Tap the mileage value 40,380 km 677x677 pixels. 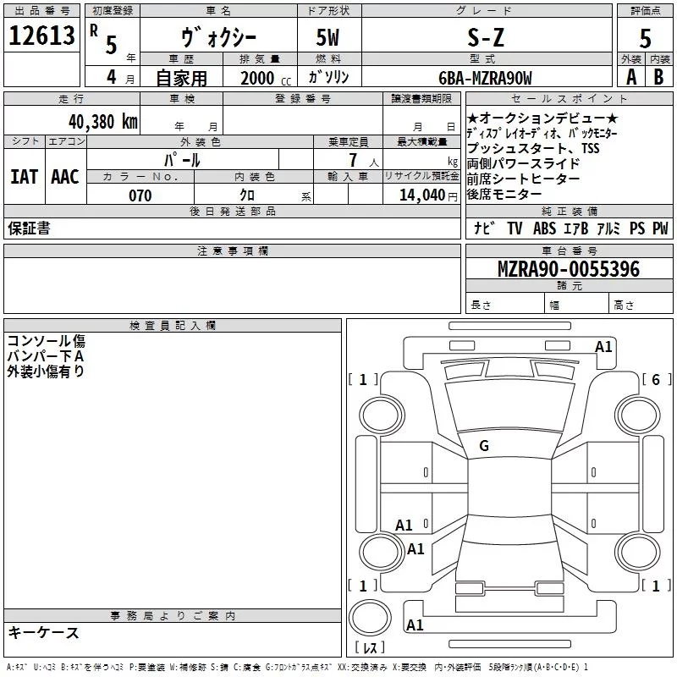click(102, 121)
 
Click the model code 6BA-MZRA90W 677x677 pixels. click(485, 78)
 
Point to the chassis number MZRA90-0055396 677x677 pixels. click(568, 270)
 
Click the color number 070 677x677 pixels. click(140, 195)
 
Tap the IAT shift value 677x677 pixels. click(24, 176)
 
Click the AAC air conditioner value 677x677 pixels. click(65, 176)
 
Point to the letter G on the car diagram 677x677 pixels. click(484, 446)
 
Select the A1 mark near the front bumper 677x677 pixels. click(603, 346)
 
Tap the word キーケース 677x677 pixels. click(43, 632)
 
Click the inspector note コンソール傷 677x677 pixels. click(46, 341)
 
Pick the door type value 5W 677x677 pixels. click(328, 37)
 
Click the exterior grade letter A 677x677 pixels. click(630, 77)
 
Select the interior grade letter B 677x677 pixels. click(658, 77)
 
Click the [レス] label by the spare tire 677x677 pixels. click(370, 647)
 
